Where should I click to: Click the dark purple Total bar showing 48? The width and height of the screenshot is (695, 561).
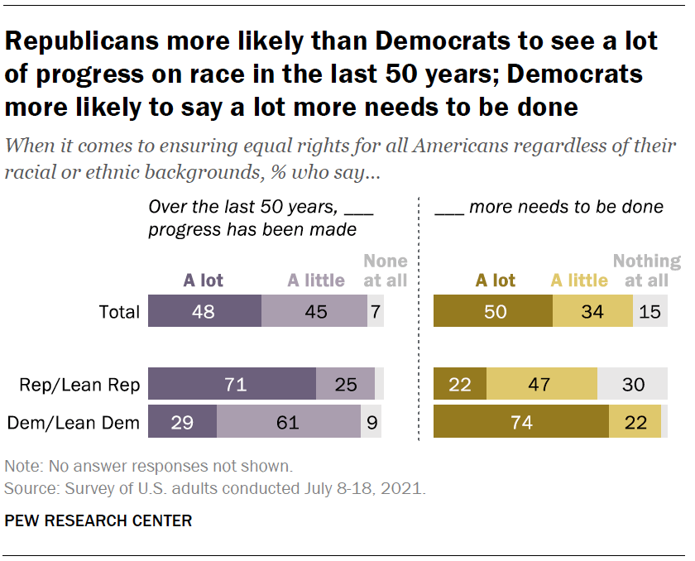tap(204, 312)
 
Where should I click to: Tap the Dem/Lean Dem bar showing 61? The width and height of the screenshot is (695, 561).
tap(288, 422)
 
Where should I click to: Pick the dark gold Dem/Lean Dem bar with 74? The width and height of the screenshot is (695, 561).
tap(521, 422)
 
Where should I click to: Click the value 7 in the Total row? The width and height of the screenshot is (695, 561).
tap(376, 312)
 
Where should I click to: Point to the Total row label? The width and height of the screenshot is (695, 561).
tap(118, 313)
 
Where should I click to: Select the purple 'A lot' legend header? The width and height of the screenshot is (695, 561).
tap(204, 280)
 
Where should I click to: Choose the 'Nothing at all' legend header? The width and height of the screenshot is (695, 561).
tap(646, 271)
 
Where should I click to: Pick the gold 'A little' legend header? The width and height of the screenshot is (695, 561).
tap(579, 280)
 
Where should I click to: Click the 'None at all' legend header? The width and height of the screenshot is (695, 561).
tap(385, 271)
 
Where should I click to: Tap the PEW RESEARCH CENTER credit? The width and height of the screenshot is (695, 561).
tap(98, 521)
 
